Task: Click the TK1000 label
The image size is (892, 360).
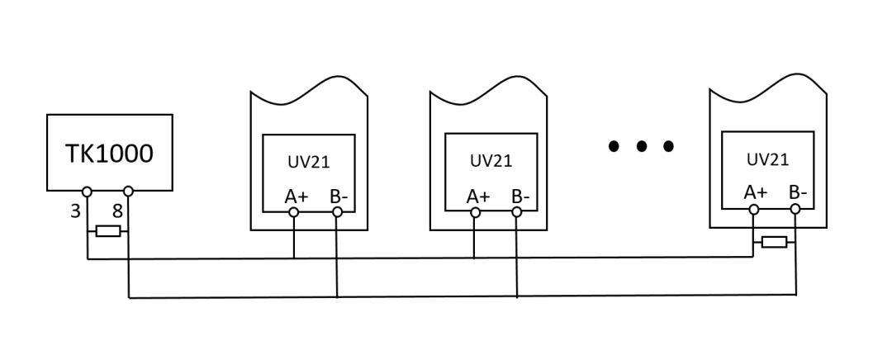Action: point(109,154)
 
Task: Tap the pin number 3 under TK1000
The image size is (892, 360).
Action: point(76,211)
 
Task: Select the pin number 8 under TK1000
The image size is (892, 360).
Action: point(117,211)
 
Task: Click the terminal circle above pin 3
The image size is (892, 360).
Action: point(87,192)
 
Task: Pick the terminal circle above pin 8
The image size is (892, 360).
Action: point(129,191)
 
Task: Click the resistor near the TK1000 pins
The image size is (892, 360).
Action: point(108,231)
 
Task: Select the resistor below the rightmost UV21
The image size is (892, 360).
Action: point(774,242)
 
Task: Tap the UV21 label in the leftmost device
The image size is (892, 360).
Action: point(309,162)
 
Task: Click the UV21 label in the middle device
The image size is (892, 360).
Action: point(491,161)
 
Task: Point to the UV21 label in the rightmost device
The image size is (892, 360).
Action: point(768,160)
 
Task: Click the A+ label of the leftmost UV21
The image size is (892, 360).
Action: point(297,197)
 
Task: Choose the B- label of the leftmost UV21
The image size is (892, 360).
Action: point(339,197)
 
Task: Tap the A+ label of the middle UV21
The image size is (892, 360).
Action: point(478,197)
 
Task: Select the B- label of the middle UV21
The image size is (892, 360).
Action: point(520,197)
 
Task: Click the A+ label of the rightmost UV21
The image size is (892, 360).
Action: point(756,192)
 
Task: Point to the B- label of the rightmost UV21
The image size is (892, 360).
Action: point(798,192)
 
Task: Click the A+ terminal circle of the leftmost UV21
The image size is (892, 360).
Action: point(293,212)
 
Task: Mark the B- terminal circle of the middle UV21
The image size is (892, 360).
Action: point(516,212)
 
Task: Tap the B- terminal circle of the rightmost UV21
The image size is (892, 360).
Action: point(795,209)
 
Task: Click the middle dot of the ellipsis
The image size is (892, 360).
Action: point(642,146)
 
